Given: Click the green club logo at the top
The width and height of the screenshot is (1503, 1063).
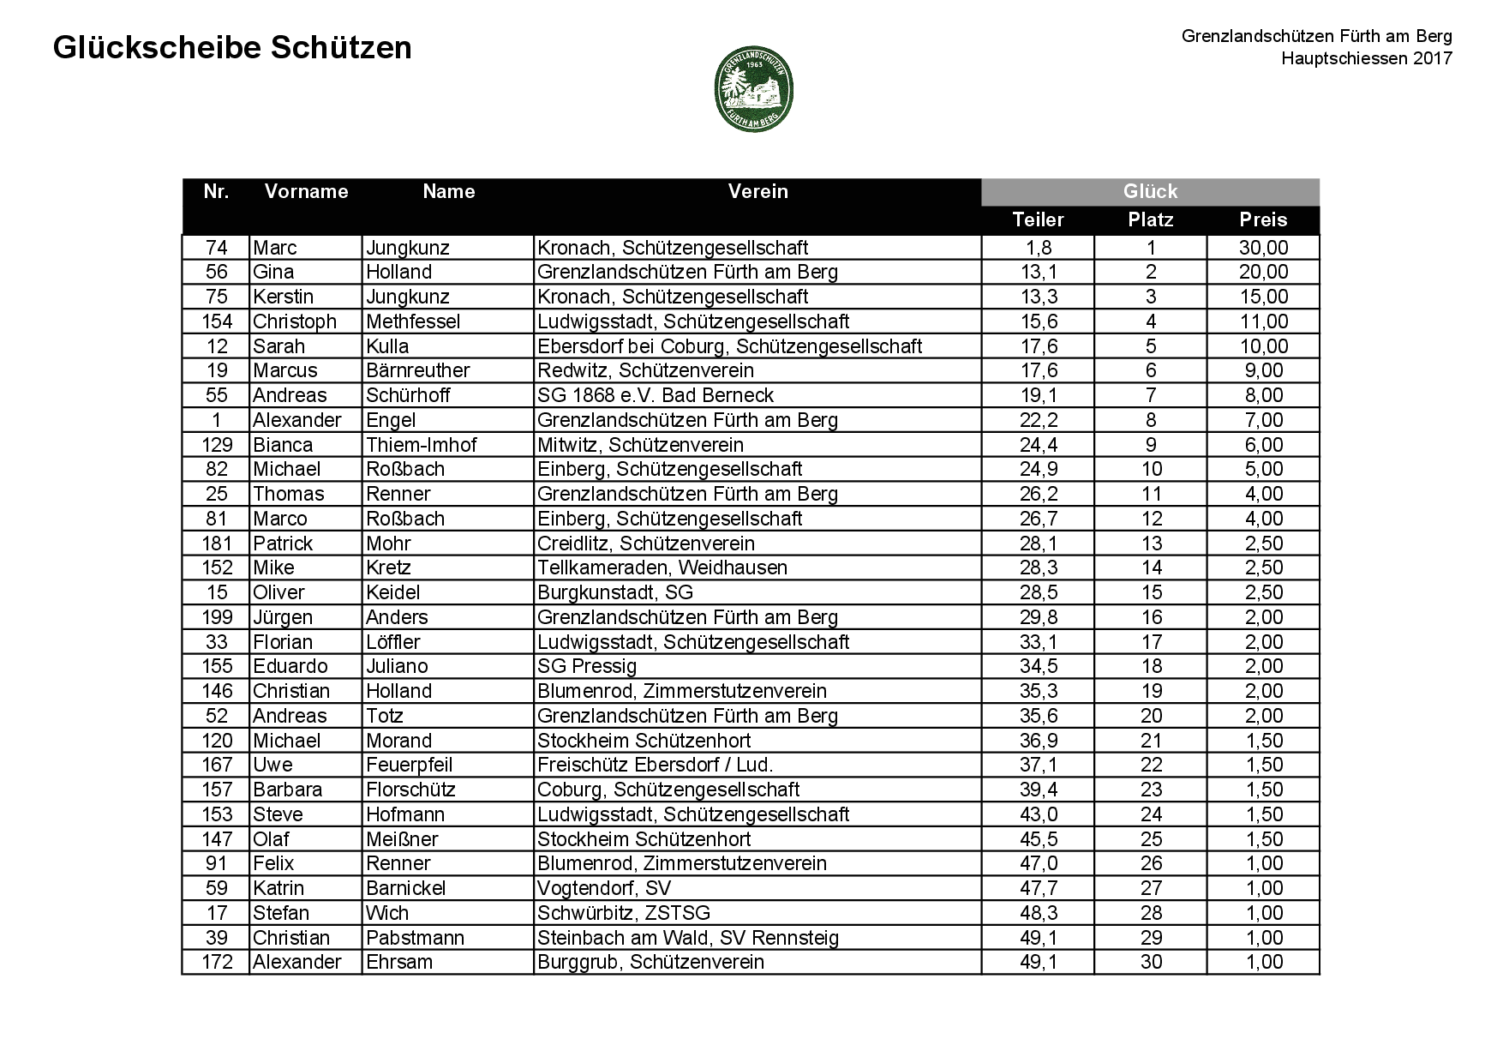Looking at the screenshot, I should click(x=753, y=88).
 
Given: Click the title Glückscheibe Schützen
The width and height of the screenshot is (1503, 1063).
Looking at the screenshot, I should click(x=232, y=48).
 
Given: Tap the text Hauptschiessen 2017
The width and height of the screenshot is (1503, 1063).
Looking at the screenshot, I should click(x=1366, y=58).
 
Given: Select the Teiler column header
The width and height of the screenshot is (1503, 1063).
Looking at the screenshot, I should click(x=1038, y=219).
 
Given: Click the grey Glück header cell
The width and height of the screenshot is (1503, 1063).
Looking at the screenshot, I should click(x=1150, y=191).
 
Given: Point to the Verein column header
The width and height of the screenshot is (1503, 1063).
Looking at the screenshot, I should click(x=757, y=191).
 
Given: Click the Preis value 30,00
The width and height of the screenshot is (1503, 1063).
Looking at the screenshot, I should click(x=1263, y=248).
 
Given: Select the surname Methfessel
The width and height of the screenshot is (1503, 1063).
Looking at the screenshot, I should click(x=413, y=321).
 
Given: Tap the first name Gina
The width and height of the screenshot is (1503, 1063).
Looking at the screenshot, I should click(x=273, y=272).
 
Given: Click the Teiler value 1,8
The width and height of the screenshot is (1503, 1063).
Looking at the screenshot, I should click(x=1038, y=248).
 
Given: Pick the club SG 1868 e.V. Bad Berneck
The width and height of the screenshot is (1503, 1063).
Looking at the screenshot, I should click(x=656, y=395).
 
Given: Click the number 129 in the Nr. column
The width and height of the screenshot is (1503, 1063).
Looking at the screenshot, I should click(x=217, y=445).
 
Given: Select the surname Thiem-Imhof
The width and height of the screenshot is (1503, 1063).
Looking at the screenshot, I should click(x=421, y=445).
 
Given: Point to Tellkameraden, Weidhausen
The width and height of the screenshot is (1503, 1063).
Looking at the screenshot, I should click(x=662, y=568).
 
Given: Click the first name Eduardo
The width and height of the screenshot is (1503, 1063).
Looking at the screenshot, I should click(x=290, y=666).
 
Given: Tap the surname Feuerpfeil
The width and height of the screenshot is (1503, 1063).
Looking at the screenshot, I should click(x=409, y=765).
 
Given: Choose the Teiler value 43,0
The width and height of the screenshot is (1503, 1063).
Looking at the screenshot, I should click(x=1038, y=814).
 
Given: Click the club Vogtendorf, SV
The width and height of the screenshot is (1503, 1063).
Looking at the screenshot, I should click(x=604, y=888).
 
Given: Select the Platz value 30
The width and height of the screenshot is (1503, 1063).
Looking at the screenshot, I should click(x=1151, y=962).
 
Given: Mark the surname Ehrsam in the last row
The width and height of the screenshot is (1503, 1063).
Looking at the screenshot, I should click(x=399, y=962).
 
